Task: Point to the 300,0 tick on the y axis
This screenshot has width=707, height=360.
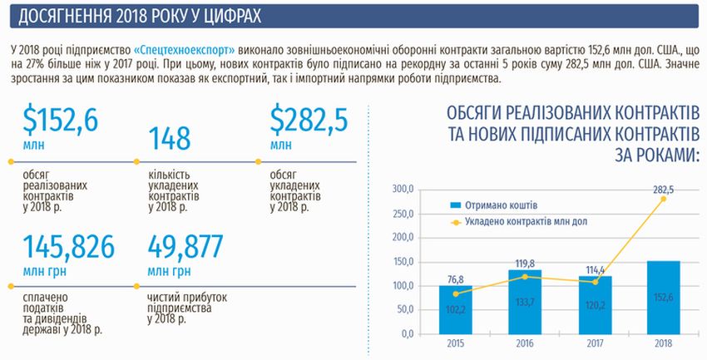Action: (403, 190)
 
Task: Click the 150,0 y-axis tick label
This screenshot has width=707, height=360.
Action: (403, 263)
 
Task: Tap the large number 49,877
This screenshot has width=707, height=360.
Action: (185, 248)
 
